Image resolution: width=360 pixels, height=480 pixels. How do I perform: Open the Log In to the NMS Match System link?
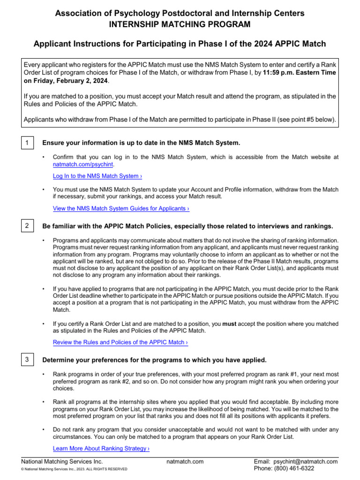click(97, 176)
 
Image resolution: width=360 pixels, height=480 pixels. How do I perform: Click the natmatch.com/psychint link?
click(83, 165)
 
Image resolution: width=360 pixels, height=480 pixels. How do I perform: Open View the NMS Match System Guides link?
click(121, 208)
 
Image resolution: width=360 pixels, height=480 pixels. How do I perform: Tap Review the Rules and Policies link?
click(120, 342)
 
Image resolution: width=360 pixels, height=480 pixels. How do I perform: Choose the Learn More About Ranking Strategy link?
click(101, 448)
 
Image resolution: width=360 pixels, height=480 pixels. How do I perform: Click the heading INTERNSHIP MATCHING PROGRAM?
click(180, 24)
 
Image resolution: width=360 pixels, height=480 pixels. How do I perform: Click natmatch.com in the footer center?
click(185, 461)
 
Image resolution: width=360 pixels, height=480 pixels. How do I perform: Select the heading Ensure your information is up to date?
click(141, 142)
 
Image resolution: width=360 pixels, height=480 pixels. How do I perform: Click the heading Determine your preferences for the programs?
click(154, 360)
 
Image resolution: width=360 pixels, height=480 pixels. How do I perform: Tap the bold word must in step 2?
click(229, 323)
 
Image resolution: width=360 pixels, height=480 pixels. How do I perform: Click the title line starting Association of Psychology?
click(180, 13)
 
